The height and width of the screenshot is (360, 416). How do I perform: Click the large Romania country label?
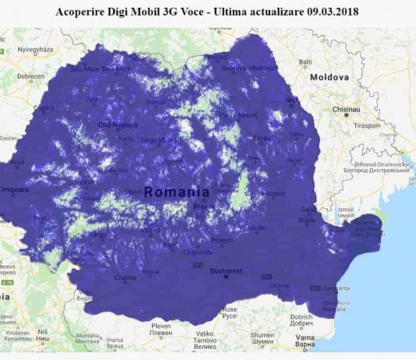(176, 191)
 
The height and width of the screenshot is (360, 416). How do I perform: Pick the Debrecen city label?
(31, 76)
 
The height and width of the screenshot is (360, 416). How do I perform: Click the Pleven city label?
(160, 325)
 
